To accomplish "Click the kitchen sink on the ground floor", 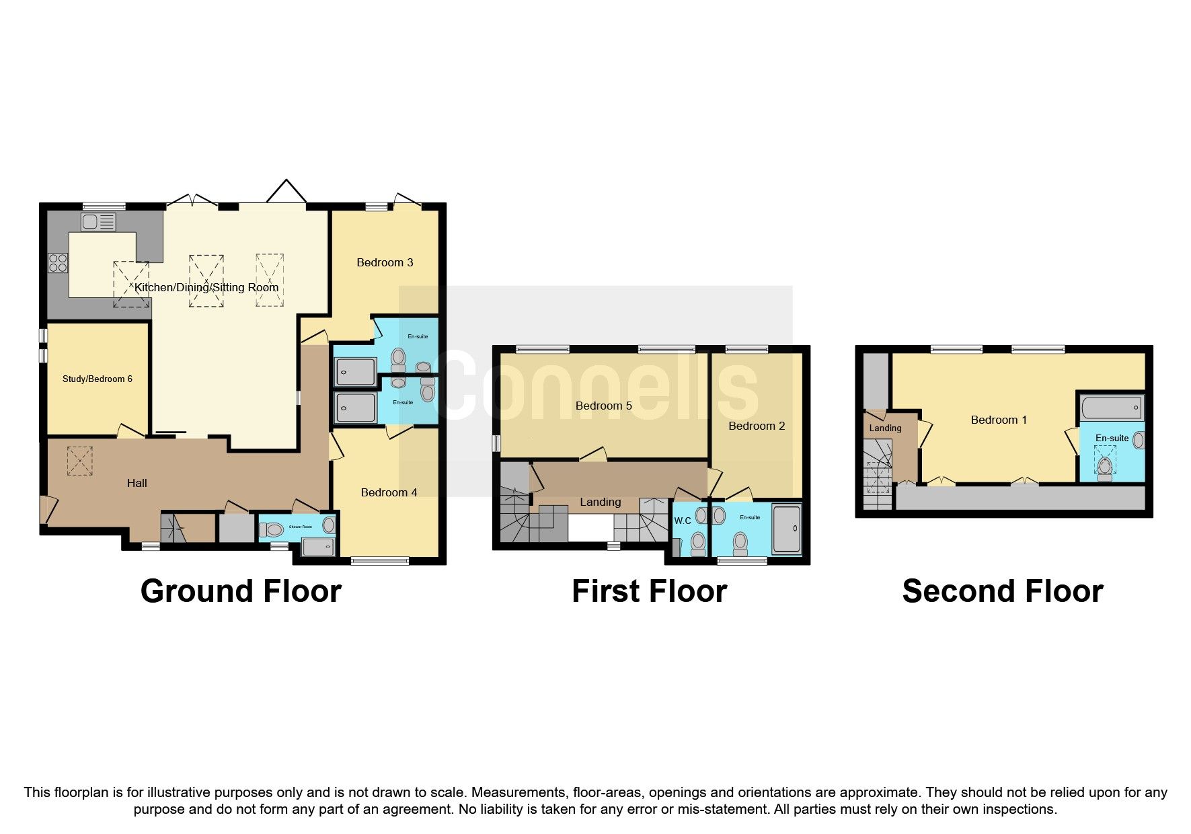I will coord(98,221).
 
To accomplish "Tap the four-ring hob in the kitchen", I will coord(58,262).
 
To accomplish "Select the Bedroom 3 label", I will coord(385,262).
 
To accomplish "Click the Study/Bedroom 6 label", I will coord(98,379).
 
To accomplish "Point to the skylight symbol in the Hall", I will coord(80,461).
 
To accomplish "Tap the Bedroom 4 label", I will coord(389,492).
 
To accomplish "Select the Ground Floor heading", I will coord(241,591).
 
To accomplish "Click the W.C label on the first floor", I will coord(683,521).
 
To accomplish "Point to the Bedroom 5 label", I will coord(603,406).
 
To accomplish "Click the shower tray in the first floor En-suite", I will coord(786,529).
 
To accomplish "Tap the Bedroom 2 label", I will coord(757,426).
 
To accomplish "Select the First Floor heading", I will coord(649,591).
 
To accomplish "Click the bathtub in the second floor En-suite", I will coord(1112,408).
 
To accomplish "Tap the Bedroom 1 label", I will coord(999,420).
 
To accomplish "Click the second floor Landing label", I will coord(885,428).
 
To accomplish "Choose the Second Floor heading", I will coord(1002,591).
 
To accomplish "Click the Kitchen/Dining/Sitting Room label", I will coord(206,287).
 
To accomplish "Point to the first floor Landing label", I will coord(600,502).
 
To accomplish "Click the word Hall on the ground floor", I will coord(137,483).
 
